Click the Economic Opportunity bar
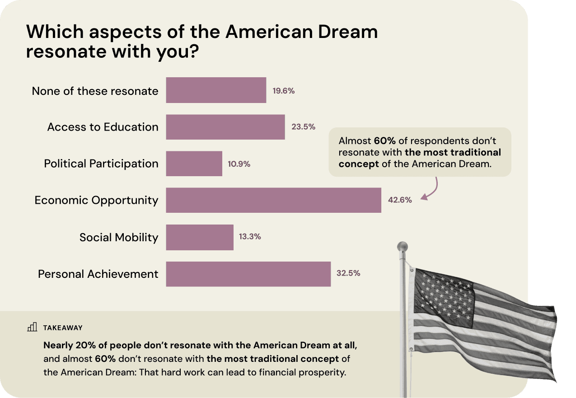[273, 200]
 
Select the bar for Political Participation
[194, 164]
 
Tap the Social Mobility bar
[199, 237]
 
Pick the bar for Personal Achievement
[248, 274]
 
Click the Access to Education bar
[225, 127]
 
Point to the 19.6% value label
[283, 90]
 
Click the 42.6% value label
[400, 200]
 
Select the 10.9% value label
[239, 164]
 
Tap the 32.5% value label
[348, 273]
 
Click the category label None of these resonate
[95, 91]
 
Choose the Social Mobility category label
[119, 237]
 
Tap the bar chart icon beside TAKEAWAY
[32, 327]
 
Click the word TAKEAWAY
[63, 328]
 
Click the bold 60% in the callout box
[384, 140]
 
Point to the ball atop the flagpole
[402, 247]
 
